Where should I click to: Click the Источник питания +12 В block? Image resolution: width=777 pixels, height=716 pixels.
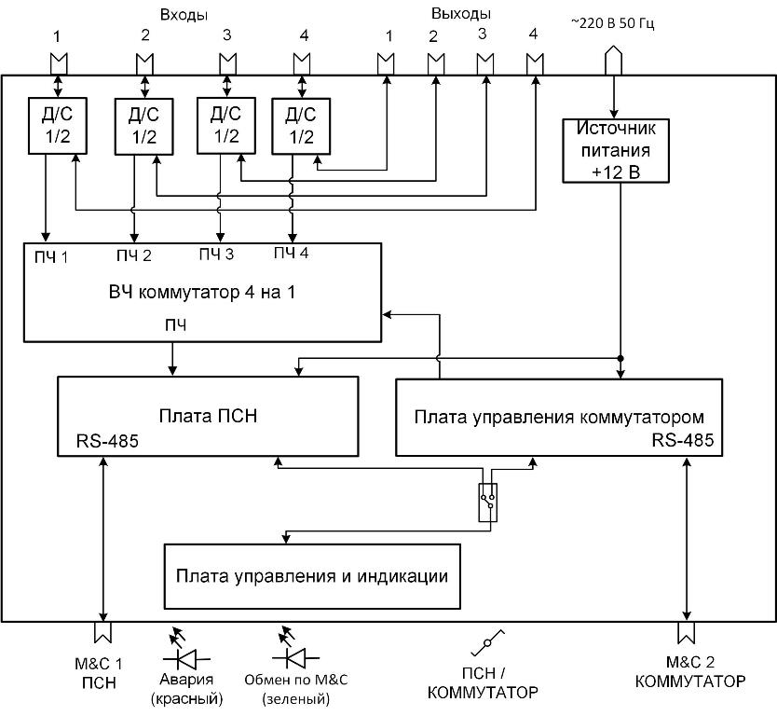614,149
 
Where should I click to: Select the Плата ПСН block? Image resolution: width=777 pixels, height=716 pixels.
208,416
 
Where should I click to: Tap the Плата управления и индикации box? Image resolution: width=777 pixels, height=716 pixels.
312,575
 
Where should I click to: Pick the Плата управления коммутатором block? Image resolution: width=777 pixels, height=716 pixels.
559,417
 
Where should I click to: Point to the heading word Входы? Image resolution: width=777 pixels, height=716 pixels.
182,15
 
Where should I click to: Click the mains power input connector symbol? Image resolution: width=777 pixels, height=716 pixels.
613,62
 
